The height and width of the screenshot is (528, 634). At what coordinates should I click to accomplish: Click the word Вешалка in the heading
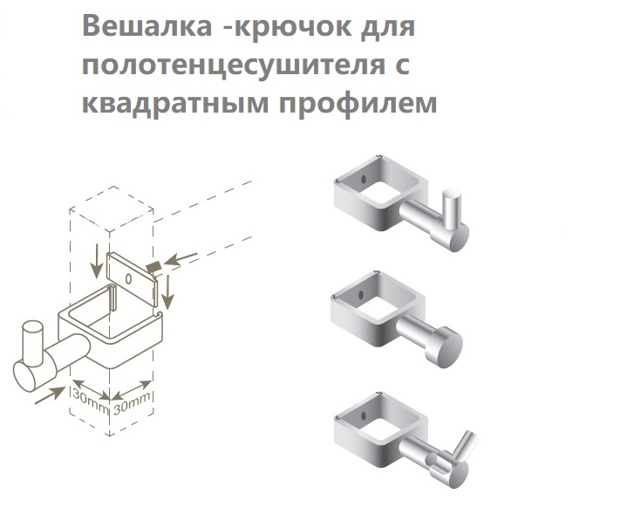coord(147,26)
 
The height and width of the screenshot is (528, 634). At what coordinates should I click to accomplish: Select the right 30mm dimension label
coord(133,403)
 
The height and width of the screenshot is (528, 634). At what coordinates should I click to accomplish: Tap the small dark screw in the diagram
coord(153,266)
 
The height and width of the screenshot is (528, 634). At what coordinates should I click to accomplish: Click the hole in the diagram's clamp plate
coord(128,278)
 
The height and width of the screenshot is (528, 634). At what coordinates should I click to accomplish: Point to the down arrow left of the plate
coord(96,261)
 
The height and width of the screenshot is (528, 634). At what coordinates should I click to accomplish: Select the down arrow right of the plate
coord(167,292)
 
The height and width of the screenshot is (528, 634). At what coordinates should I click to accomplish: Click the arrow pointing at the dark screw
coord(181,259)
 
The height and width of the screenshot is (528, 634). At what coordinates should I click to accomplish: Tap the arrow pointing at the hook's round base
coord(50,395)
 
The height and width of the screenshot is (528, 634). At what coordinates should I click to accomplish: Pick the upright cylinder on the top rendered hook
coord(451,209)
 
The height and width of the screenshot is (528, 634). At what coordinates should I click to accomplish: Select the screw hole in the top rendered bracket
coord(364,178)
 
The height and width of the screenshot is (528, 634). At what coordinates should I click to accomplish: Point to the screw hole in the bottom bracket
coord(364,415)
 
